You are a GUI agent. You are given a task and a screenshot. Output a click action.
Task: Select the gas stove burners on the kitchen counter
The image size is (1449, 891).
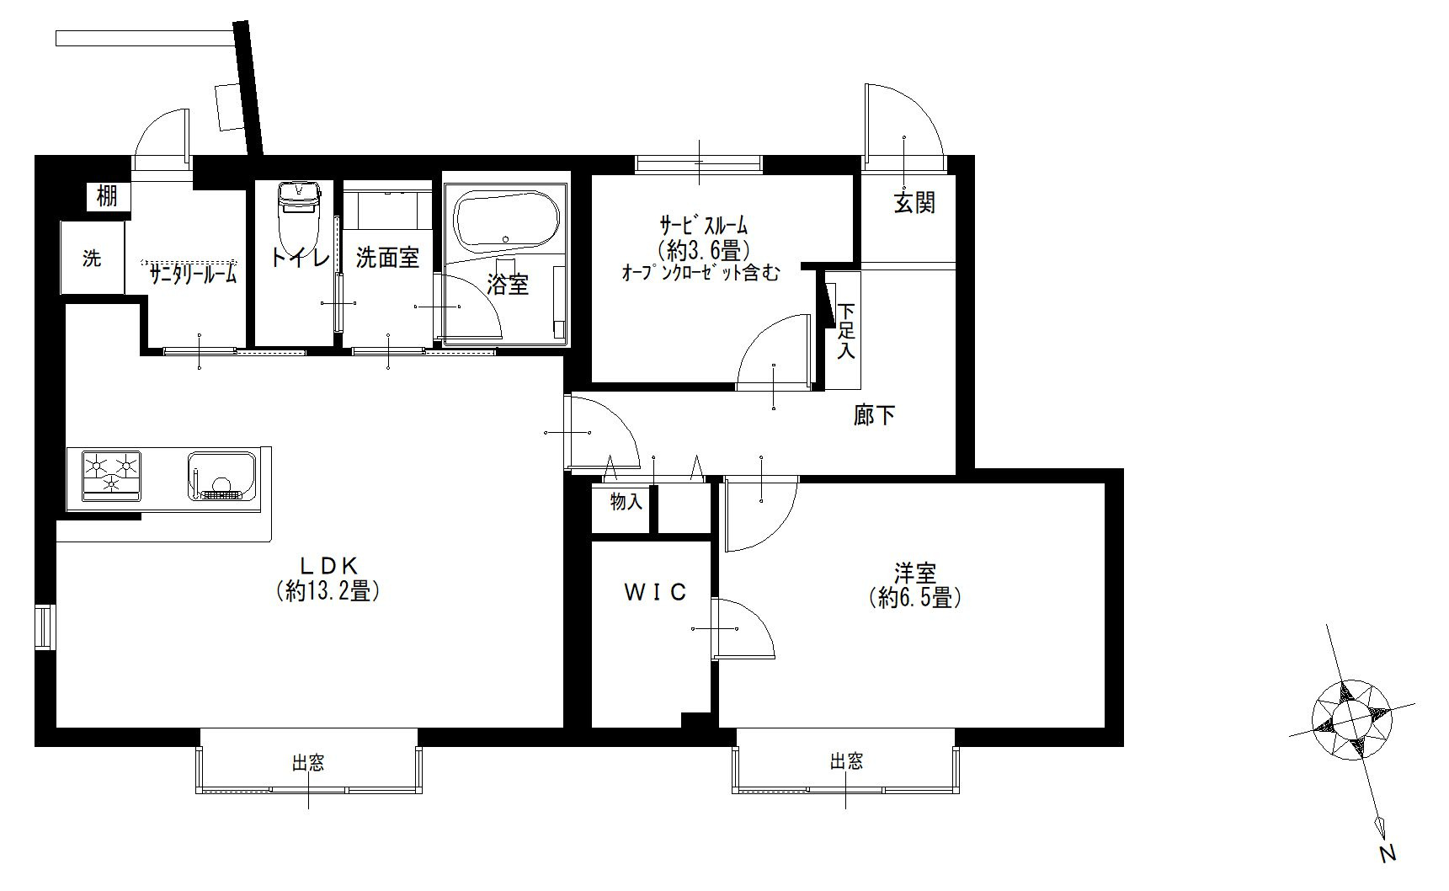click(x=111, y=475)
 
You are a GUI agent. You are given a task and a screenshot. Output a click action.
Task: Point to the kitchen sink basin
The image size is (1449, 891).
click(x=222, y=477)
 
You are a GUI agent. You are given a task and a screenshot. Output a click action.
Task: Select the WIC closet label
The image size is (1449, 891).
click(x=655, y=593)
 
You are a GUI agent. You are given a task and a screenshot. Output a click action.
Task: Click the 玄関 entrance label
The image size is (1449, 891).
click(x=914, y=203)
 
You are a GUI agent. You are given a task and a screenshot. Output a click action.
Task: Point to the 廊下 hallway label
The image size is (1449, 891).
click(x=875, y=415)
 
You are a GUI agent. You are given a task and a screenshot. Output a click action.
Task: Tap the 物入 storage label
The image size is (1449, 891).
click(x=626, y=503)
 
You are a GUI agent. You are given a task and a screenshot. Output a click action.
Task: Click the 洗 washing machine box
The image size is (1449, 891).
click(x=93, y=258)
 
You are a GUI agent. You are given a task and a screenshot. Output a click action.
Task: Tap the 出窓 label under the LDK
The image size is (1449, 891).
click(x=308, y=764)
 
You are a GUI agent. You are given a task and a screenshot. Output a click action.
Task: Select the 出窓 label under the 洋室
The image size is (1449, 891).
click(x=846, y=762)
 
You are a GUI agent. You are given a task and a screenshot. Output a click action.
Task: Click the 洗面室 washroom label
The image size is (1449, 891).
click(x=387, y=258)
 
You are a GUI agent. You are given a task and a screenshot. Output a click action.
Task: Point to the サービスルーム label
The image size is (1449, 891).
click(x=704, y=226)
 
